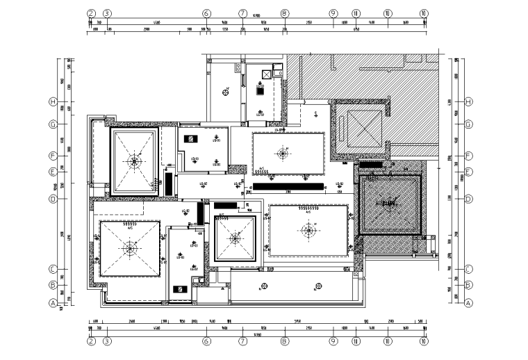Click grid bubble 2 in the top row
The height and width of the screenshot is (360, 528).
coord(90,13)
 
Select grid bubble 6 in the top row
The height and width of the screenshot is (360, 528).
coord(206,13)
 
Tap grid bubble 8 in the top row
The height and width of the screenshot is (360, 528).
coord(284,13)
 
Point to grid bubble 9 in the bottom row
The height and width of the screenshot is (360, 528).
coord(333,341)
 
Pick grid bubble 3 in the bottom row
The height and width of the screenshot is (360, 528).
coord(107,341)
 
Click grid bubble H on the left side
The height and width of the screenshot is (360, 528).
coord(52,101)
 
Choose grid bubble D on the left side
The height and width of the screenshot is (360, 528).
coord(52,199)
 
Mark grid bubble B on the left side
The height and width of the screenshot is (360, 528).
coord(52,284)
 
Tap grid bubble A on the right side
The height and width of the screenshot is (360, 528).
coord(469,303)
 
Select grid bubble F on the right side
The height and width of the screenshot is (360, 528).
coord(469,156)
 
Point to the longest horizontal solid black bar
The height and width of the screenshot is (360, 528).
coord(287,186)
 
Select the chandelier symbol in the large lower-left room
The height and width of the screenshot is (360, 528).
coord(129,247)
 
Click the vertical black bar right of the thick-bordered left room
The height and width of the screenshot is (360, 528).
coord(169,183)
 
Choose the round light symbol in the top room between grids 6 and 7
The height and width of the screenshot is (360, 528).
coord(226,89)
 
